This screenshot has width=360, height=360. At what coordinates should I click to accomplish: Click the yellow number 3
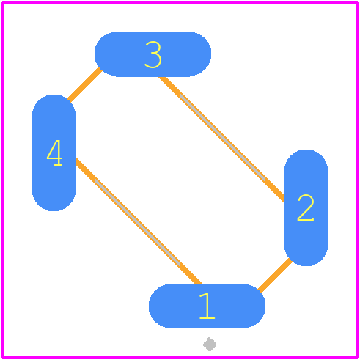coord(153,54)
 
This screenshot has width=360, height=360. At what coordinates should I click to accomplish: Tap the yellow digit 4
coord(54,153)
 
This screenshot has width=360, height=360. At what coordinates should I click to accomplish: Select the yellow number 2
coord(306,207)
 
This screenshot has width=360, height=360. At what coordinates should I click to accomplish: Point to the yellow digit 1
coord(207,306)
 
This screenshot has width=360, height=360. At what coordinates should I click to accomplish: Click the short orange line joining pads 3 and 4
coord(84,84)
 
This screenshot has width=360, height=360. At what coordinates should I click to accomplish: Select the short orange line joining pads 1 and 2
coord(275,275)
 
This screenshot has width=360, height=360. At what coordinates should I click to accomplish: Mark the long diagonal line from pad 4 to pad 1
coord(139,221)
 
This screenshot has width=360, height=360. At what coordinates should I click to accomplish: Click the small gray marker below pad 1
coord(210,344)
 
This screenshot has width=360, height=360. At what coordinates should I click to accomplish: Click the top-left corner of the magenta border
coord(2,2)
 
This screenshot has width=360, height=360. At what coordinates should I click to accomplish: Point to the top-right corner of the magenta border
coord(357,2)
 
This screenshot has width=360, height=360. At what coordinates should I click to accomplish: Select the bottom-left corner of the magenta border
coord(2,357)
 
